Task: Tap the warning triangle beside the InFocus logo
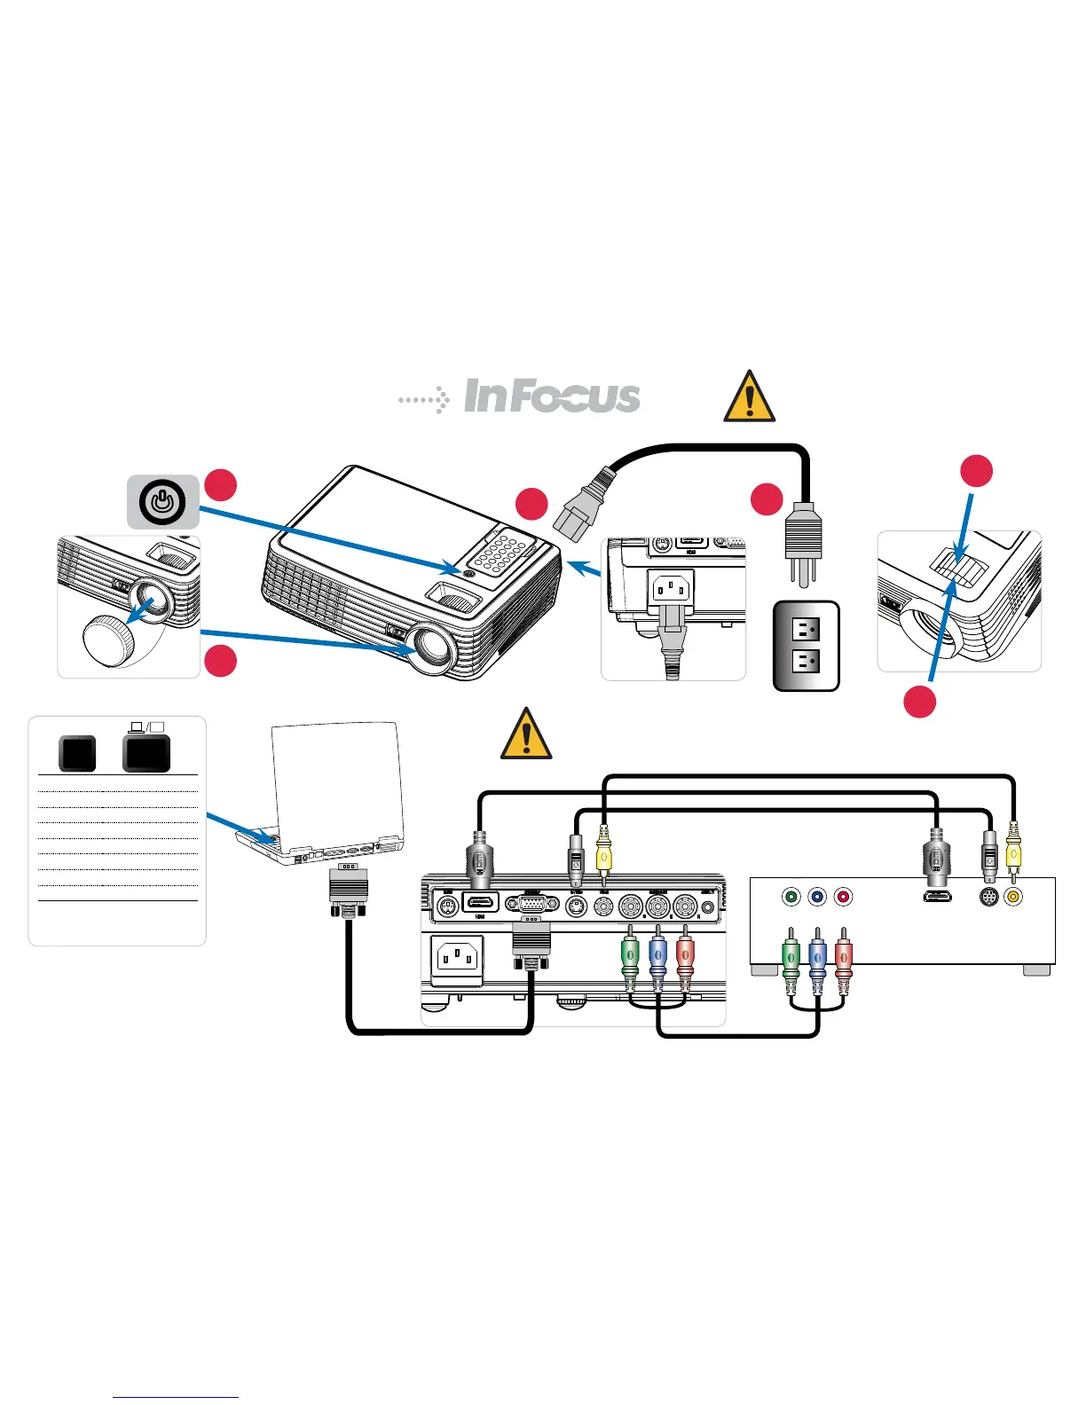[x=750, y=398]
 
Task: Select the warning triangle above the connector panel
[x=526, y=735]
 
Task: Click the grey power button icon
[x=162, y=502]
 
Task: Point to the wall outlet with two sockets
[x=806, y=645]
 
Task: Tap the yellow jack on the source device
[x=1013, y=897]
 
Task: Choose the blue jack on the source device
[x=817, y=897]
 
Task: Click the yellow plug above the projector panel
[x=604, y=852]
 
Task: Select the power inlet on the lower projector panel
[x=457, y=957]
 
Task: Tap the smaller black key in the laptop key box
[x=77, y=753]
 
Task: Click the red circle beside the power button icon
[x=221, y=485]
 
